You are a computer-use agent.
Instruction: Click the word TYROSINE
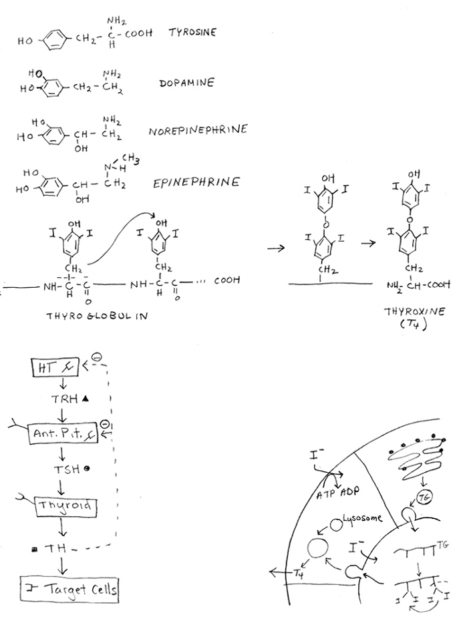192,33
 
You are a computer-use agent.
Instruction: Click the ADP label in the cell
349,492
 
